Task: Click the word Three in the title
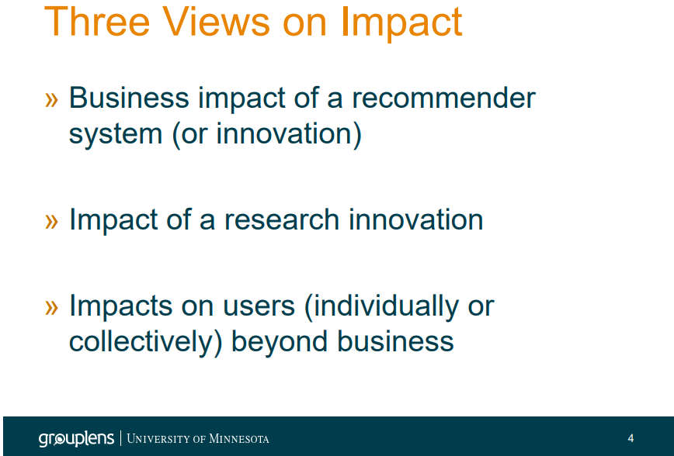tap(97, 22)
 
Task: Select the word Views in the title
tap(216, 22)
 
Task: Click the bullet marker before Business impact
tap(51, 99)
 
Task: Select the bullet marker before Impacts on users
tap(51, 307)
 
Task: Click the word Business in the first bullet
tap(129, 98)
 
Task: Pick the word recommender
tap(443, 98)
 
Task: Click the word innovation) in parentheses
tap(289, 133)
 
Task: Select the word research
tap(282, 219)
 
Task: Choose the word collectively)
tap(146, 343)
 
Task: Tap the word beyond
tap(280, 343)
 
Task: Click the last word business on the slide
tap(395, 341)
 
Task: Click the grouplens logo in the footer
tap(76, 438)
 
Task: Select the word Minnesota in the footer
tap(239, 439)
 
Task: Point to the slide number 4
tap(631, 438)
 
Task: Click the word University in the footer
tap(158, 439)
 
